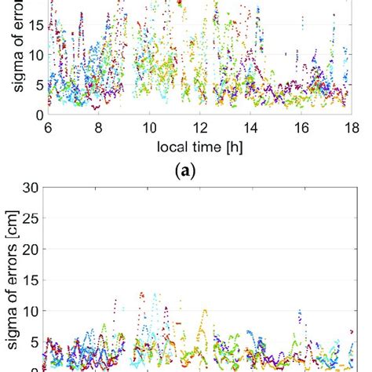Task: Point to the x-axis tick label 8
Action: [97, 130]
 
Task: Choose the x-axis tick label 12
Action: [200, 130]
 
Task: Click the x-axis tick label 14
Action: [251, 130]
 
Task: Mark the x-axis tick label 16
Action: [302, 130]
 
